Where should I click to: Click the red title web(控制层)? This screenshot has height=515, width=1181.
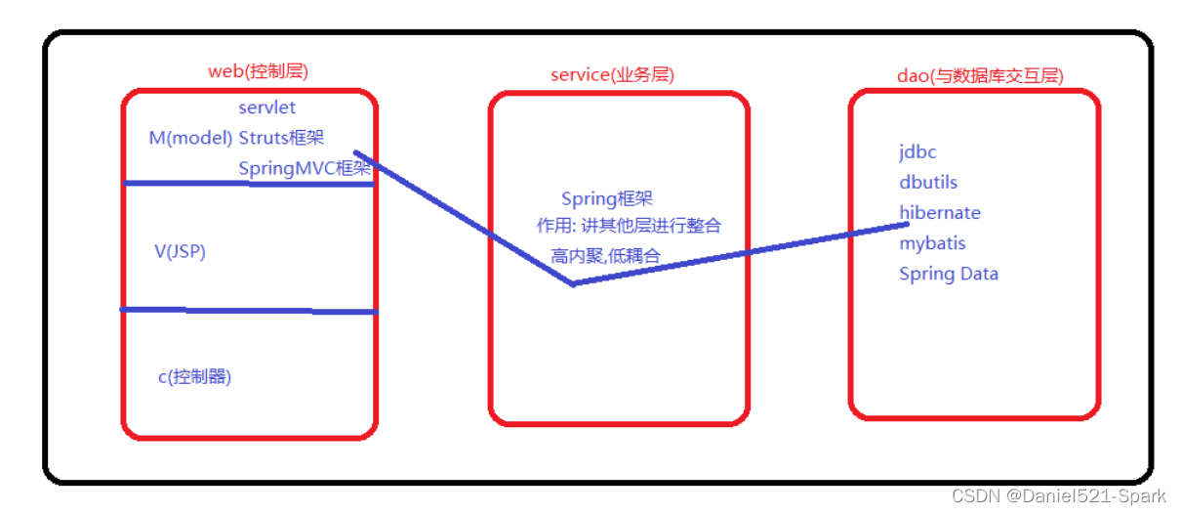pyautogui.click(x=259, y=71)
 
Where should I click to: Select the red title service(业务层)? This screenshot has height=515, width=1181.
pyautogui.click(x=612, y=74)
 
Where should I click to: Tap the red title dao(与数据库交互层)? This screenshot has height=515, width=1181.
pyautogui.click(x=979, y=75)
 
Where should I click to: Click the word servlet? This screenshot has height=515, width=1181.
pyautogui.click(x=266, y=107)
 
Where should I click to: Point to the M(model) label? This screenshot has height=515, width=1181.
pyautogui.click(x=190, y=138)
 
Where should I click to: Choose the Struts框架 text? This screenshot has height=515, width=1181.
pyautogui.click(x=288, y=138)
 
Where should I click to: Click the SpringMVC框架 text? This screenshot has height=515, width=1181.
pyautogui.click(x=305, y=168)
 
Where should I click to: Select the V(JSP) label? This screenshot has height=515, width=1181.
pyautogui.click(x=180, y=251)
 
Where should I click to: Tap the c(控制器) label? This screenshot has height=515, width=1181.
pyautogui.click(x=194, y=376)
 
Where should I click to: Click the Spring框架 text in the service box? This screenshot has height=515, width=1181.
pyautogui.click(x=606, y=199)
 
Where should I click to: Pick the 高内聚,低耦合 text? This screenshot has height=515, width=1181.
pyautogui.click(x=605, y=256)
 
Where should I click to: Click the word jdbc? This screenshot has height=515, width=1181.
pyautogui.click(x=917, y=151)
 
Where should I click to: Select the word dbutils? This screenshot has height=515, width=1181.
pyautogui.click(x=928, y=182)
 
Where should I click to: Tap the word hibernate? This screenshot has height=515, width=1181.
pyautogui.click(x=940, y=212)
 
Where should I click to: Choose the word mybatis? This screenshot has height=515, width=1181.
pyautogui.click(x=932, y=242)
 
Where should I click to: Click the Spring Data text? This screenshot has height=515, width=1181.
pyautogui.click(x=948, y=274)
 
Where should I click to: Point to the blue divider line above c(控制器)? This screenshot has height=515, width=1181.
pyautogui.click(x=248, y=311)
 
